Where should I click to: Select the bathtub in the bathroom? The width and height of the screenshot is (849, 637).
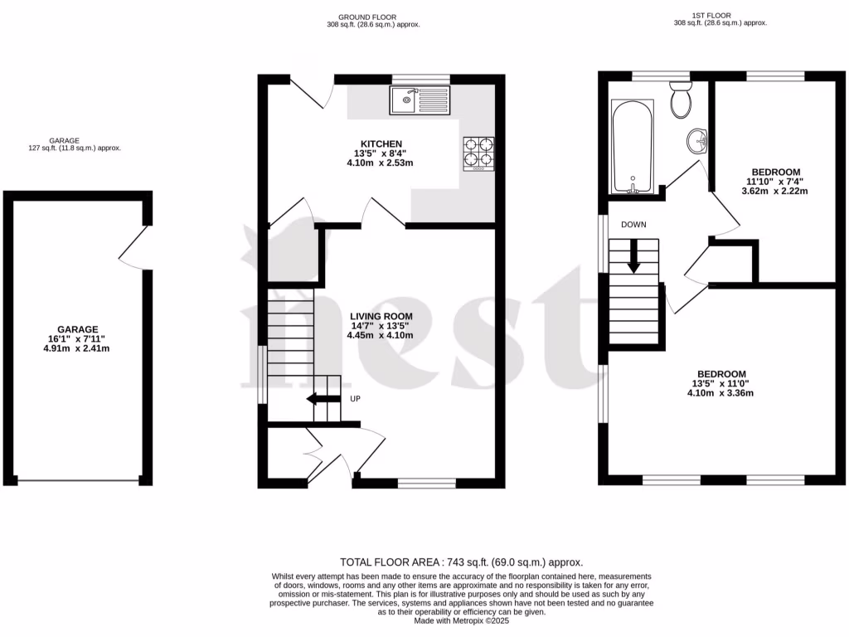(x=632, y=147)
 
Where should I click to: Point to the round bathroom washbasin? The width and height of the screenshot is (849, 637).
(x=697, y=142)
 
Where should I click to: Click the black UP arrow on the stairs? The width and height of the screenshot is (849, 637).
(x=323, y=399)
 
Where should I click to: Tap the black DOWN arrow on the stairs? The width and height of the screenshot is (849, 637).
(x=634, y=255)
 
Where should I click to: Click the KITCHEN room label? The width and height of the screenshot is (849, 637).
(x=381, y=143)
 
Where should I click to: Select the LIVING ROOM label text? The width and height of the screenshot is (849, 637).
(x=381, y=317)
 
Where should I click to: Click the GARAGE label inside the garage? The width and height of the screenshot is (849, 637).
(x=78, y=329)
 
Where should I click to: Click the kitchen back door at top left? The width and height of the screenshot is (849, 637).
(x=307, y=95)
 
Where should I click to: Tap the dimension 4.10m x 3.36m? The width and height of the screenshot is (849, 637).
(x=720, y=393)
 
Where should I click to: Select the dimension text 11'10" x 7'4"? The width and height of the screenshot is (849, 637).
(x=774, y=182)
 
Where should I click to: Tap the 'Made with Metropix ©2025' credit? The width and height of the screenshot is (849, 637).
(x=462, y=620)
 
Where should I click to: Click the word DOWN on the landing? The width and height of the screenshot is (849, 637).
(x=633, y=225)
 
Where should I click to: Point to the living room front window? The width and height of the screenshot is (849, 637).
(x=426, y=483)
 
